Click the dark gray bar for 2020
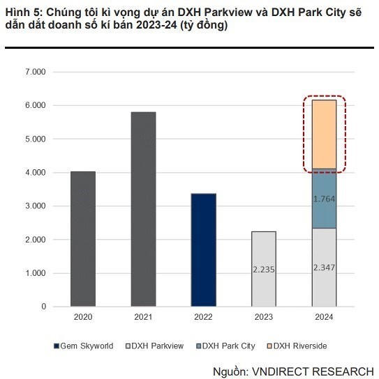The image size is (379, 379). coord(82,239)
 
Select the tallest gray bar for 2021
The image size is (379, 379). coord(142,209)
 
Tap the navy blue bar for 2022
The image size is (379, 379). coord(203,250)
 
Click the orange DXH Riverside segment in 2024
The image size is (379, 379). coord(324,134)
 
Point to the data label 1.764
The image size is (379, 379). coord(324,199)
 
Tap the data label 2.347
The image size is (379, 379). coord(324,267)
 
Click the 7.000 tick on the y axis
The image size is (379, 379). coord(35,72)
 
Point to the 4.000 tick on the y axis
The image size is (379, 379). coord(35,172)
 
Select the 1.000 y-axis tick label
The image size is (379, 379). coord(35,273)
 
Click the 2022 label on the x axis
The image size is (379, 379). coord(203,317)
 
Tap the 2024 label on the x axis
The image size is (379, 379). coord(324,317)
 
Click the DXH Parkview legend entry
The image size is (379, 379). coord(155,346)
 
